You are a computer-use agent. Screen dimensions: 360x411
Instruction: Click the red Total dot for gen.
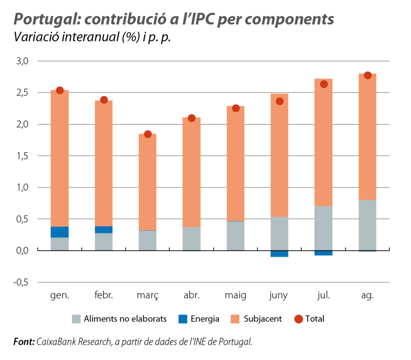pyautogui.click(x=59, y=90)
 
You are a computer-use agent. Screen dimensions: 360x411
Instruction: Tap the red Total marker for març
pyautogui.click(x=148, y=134)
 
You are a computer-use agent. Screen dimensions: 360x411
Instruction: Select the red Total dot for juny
pyautogui.click(x=279, y=101)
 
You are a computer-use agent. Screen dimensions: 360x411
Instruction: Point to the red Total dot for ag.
pyautogui.click(x=367, y=75)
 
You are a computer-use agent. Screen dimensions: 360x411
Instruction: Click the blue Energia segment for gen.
pyautogui.click(x=59, y=232)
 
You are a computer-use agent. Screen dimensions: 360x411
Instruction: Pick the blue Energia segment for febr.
pyautogui.click(x=104, y=230)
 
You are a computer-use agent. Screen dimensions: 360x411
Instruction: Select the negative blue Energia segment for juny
pyautogui.click(x=279, y=254)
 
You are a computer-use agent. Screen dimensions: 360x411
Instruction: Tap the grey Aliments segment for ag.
pyautogui.click(x=367, y=225)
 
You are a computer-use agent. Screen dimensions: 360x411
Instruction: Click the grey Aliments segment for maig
pyautogui.click(x=236, y=236)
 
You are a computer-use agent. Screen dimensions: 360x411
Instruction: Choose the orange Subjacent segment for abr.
pyautogui.click(x=191, y=172)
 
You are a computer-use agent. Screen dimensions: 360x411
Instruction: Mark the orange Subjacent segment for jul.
pyautogui.click(x=323, y=142)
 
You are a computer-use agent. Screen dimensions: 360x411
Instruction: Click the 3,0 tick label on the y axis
pyautogui.click(x=23, y=61)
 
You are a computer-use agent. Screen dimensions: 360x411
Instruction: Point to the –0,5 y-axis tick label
pyautogui.click(x=21, y=282)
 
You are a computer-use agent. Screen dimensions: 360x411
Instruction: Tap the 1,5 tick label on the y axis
pyautogui.click(x=23, y=156)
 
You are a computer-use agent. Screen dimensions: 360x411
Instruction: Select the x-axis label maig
pyautogui.click(x=236, y=296)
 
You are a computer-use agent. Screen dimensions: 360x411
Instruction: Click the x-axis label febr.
pyautogui.click(x=104, y=296)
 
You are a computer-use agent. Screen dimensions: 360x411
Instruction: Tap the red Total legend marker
pyautogui.click(x=299, y=319)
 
